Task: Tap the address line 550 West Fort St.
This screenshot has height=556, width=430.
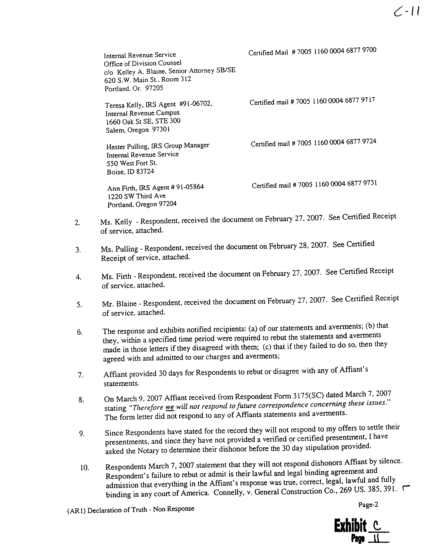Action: (x=132, y=163)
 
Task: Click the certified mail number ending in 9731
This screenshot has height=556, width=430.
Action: (x=337, y=184)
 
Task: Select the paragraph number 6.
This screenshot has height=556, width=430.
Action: (x=79, y=332)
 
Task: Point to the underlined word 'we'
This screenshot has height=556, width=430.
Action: (x=170, y=407)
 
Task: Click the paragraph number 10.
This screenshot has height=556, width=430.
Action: (x=84, y=467)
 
